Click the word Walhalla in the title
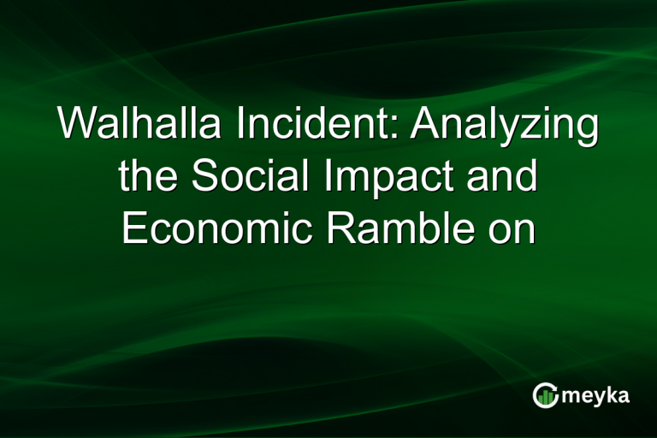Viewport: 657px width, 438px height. tap(138, 126)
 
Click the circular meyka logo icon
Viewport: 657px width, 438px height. tap(544, 395)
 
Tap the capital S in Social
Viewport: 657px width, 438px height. tap(204, 177)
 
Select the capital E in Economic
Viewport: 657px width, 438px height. tap(134, 228)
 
